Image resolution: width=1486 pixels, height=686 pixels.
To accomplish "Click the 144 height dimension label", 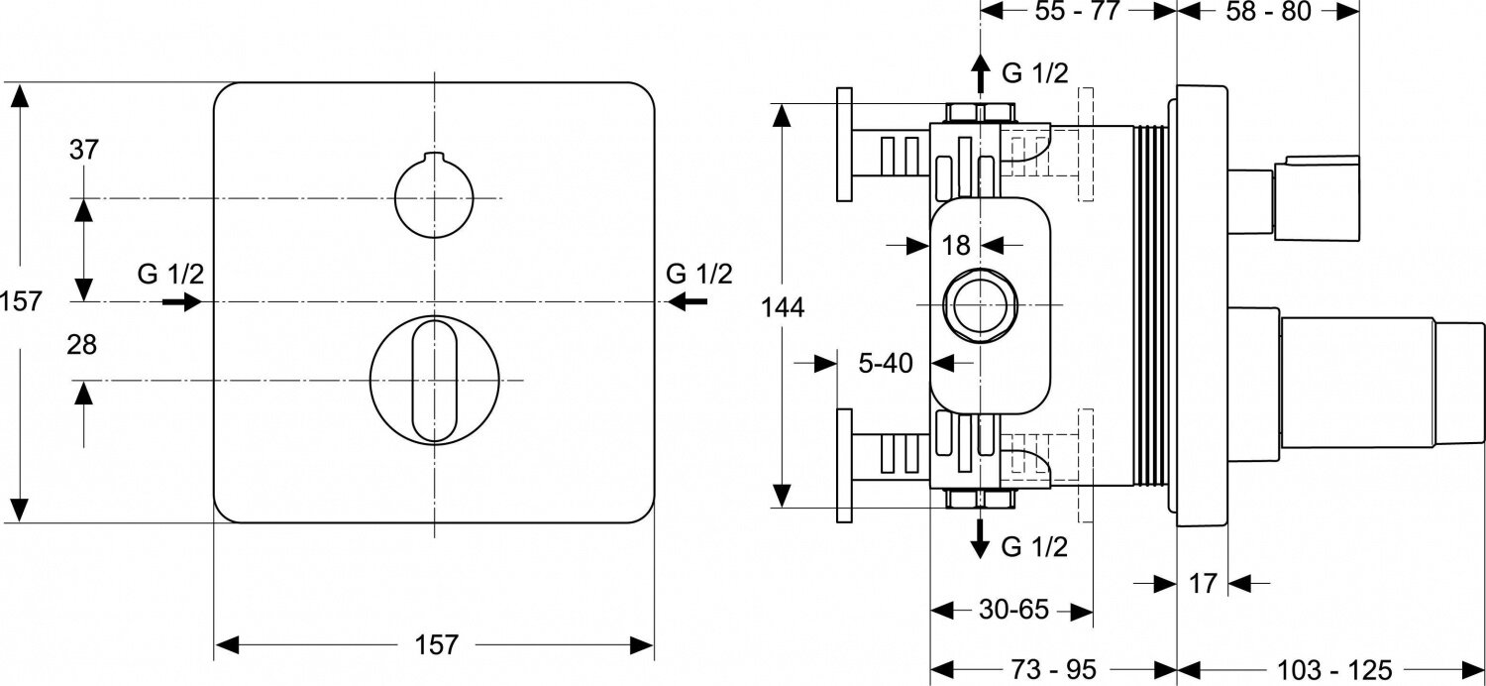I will [x=783, y=307].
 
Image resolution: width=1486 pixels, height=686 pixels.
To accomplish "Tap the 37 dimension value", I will [x=84, y=151].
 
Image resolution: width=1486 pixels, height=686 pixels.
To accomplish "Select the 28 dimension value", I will [x=84, y=345].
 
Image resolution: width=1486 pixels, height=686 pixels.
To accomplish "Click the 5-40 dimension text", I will [x=885, y=364].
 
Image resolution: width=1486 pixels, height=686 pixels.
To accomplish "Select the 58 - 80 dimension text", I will [x=1268, y=12].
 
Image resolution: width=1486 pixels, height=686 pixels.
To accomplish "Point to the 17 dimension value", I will [x=1202, y=584].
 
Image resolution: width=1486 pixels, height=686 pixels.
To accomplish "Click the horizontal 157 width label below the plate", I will [x=435, y=645].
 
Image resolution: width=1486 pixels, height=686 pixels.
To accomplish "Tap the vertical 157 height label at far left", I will [x=22, y=300].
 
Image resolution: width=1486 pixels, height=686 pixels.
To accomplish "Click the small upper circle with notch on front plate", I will [x=434, y=196].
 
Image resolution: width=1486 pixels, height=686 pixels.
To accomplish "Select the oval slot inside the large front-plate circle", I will [x=434, y=380].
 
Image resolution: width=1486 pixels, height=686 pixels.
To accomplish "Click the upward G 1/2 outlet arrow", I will [x=980, y=74].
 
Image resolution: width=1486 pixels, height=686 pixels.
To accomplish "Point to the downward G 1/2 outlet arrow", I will [x=980, y=538].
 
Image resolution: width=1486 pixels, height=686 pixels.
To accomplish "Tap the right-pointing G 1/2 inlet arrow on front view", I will [x=180, y=301].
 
